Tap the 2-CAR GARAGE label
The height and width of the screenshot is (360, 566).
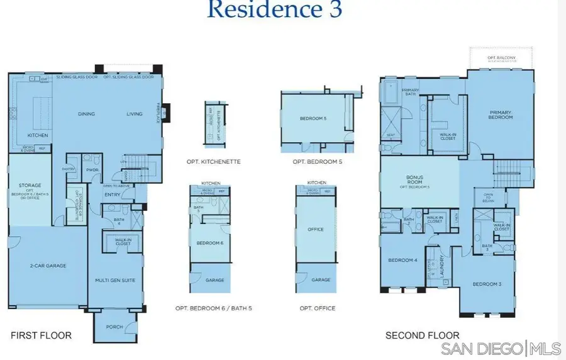tap(47, 266)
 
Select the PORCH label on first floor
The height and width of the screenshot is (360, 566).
tap(114, 326)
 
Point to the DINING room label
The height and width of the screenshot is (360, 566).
tap(86, 114)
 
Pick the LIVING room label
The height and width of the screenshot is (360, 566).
tap(135, 114)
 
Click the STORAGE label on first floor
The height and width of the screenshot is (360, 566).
tap(30, 185)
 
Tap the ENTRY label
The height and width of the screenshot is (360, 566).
tap(113, 194)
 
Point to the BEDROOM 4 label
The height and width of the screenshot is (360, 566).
tap(402, 260)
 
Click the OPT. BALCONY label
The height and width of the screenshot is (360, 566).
tap(501, 58)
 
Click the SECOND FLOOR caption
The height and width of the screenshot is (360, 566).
tap(422, 335)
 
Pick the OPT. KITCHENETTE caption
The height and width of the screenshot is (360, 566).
tap(214, 162)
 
